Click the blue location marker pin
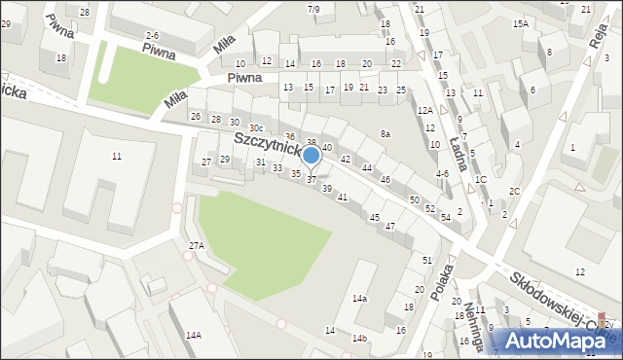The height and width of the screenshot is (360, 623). point(311,156)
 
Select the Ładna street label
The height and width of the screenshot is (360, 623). point(458,150)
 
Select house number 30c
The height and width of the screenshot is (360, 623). point(255,128)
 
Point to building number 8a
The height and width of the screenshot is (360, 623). point(385,133)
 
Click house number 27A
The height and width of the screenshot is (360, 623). point(197,246)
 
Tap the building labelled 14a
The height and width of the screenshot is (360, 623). point(360,298)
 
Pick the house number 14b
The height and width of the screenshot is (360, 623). point(360,339)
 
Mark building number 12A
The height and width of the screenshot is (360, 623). point(425,111)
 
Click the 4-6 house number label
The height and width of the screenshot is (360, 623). point(442,174)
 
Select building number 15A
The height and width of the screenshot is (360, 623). point(521,23)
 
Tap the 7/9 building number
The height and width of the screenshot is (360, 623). point(313,10)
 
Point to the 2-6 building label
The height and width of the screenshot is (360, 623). point(152,35)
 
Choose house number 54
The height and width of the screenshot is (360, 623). point(445,217)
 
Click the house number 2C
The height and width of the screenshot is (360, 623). point(514,191)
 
